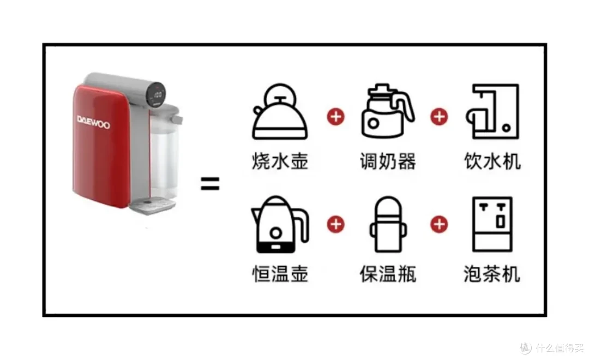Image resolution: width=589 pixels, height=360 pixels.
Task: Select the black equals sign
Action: (x=209, y=184)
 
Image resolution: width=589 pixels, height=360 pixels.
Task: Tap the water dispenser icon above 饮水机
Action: (x=492, y=112)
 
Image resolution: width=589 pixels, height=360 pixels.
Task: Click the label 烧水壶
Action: (x=280, y=161)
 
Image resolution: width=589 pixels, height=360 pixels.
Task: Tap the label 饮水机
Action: (x=492, y=161)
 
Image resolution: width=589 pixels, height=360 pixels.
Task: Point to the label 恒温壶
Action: (x=280, y=273)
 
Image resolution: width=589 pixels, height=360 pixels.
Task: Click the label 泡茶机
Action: (x=492, y=273)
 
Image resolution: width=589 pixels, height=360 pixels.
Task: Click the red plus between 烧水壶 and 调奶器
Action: (x=335, y=116)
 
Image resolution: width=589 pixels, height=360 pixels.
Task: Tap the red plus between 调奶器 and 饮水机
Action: (x=439, y=116)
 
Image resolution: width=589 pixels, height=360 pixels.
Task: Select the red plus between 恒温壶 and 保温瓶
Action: (x=335, y=224)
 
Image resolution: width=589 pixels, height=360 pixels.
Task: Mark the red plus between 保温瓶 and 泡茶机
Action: (x=439, y=224)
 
